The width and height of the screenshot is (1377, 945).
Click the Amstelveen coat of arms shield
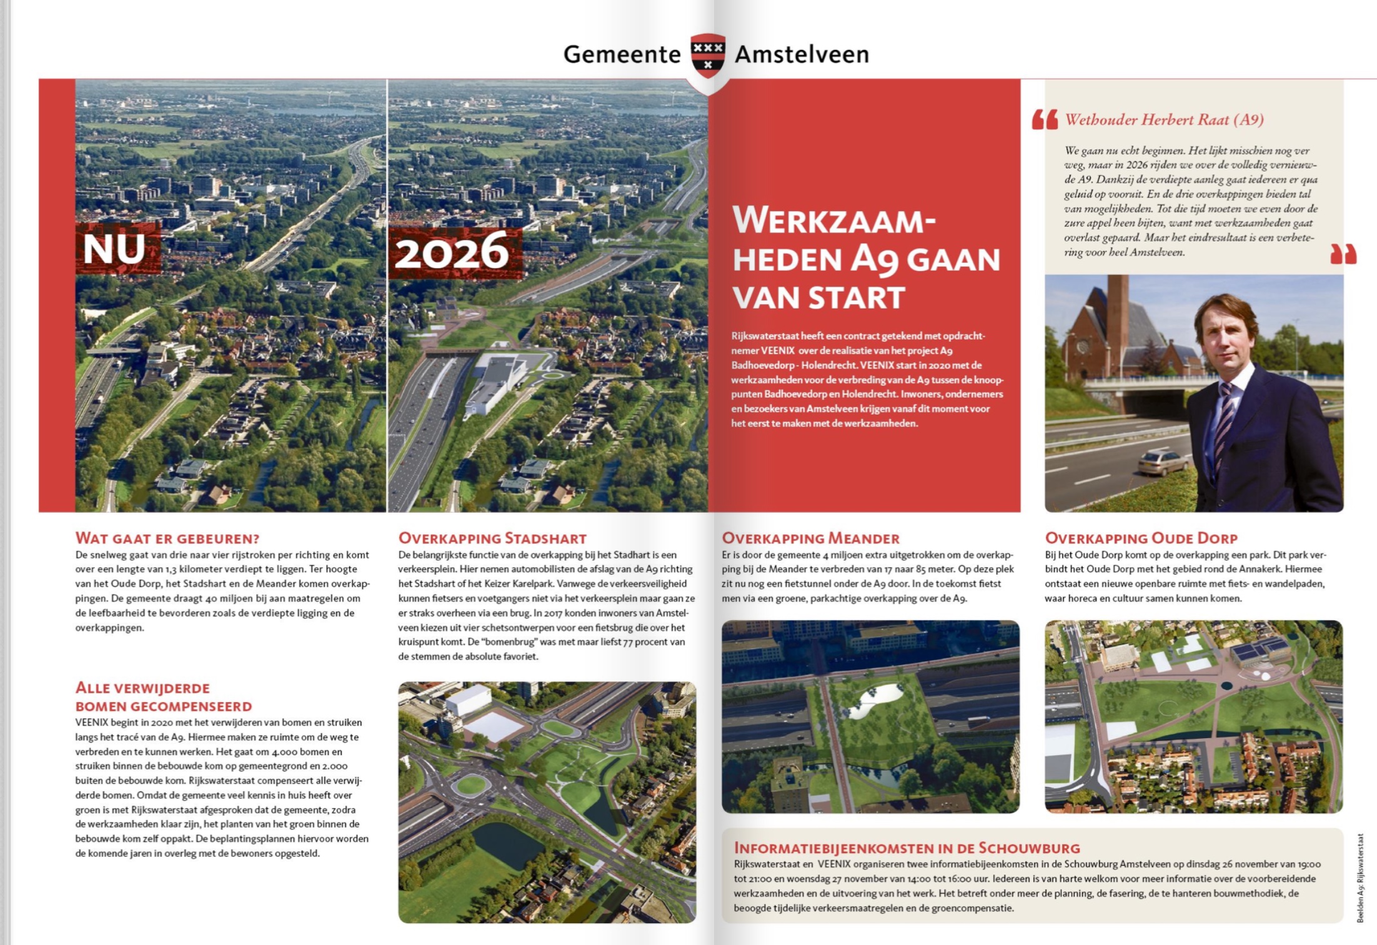[707, 55]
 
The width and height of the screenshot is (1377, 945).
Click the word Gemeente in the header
[622, 54]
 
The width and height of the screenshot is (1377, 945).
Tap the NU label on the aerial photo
[115, 249]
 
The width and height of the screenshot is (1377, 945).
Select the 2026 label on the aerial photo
[452, 252]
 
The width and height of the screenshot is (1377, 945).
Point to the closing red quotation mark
[1343, 254]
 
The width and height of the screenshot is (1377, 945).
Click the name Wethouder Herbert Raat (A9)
[1164, 119]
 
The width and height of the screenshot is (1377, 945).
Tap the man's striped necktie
[1223, 425]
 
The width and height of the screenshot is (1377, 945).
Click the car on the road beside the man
[1163, 463]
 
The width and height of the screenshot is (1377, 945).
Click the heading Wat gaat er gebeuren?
[167, 538]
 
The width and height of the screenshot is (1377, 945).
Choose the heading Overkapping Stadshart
[492, 538]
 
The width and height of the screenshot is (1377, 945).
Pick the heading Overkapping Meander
[810, 538]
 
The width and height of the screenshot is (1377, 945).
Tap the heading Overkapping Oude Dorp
[1141, 538]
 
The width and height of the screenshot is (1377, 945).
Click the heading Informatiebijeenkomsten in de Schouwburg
[907, 848]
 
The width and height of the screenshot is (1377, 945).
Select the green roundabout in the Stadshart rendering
[470, 784]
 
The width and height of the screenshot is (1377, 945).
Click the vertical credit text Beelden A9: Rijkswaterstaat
[1360, 878]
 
